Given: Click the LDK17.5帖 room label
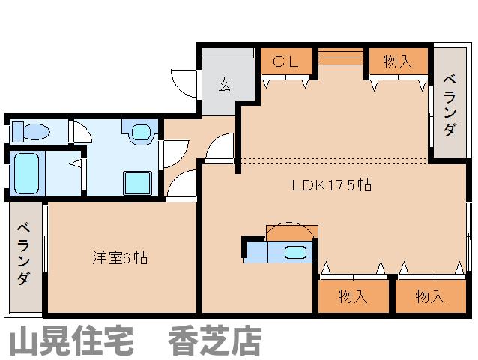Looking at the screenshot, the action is (x=332, y=185).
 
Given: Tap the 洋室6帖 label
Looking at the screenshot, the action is (x=120, y=257).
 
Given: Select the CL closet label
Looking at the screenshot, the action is (x=285, y=62).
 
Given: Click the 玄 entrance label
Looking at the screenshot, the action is (x=224, y=85).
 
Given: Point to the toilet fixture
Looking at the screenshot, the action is (x=31, y=132).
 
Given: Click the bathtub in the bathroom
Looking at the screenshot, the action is (x=26, y=174).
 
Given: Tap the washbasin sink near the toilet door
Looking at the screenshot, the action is (x=141, y=133).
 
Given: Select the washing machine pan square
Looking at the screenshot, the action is (x=138, y=183).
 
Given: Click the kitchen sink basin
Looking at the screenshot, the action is (x=295, y=252).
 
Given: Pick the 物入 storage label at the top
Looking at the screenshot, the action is (x=398, y=62).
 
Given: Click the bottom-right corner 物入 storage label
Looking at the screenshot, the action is (x=430, y=296).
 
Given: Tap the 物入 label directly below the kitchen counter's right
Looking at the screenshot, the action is (x=353, y=296).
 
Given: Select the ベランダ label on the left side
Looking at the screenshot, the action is (x=24, y=254).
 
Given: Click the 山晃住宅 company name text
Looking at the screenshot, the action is (x=72, y=340).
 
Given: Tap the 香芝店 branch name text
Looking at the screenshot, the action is (x=215, y=340).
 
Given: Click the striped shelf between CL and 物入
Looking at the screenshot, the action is (x=341, y=57).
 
